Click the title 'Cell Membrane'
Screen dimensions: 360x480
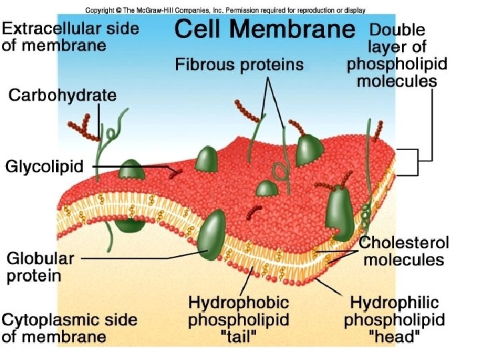pos(264,30)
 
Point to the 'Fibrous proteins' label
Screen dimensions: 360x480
pos(239,65)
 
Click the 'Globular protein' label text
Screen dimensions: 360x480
pos(41,267)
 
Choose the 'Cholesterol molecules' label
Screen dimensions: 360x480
pos(404,251)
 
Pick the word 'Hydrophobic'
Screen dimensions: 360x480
pos(238,303)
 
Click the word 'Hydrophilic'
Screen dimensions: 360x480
pos(395,303)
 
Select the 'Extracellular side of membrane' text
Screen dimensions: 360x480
pos(70,36)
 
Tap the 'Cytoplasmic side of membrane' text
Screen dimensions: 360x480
pos(69,327)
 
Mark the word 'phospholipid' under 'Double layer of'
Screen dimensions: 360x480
pos(397,65)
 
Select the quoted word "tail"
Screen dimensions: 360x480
pos(239,337)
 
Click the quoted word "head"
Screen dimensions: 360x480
pos(395,337)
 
